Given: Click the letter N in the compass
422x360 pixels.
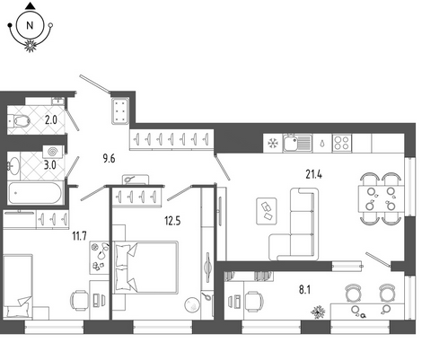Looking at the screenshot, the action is point(30,25).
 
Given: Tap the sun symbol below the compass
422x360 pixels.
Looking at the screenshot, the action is point(30,45).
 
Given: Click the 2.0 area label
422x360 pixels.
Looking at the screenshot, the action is point(50,120).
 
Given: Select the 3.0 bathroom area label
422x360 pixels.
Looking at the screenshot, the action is point(50,165).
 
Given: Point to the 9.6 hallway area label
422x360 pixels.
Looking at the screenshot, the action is point(109,158).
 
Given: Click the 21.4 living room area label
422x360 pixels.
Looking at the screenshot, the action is point(313,174).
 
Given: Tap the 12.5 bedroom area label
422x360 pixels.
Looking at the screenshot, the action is point(172,221).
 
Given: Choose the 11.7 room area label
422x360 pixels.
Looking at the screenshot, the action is point(79,236).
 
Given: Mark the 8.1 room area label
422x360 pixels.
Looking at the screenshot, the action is point(304,289).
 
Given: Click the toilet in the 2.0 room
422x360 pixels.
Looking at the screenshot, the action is point(21,120).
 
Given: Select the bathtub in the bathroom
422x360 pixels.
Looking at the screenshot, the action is point(35,193).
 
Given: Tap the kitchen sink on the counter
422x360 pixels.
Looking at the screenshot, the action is point(297,143).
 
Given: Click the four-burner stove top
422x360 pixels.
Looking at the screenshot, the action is point(342,143).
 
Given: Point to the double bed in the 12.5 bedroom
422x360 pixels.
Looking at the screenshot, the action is point(145,268).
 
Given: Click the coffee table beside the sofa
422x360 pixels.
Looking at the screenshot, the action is point(267,211).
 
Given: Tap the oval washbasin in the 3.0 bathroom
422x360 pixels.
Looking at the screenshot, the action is point(13,165).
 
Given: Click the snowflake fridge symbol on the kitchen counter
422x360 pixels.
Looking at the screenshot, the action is point(273,143).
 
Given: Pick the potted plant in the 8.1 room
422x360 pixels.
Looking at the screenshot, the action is point(318,312).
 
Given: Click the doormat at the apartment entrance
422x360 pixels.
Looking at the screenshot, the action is point(120,110).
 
